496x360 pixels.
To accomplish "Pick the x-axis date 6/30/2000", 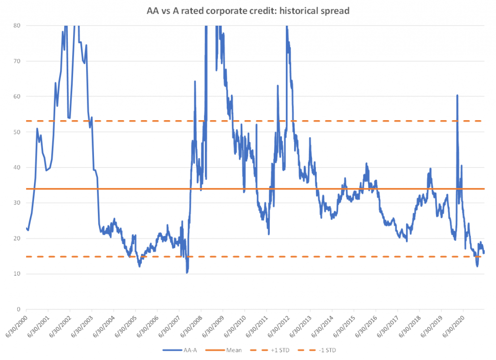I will (15, 325).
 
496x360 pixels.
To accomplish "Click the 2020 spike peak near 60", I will (457, 95).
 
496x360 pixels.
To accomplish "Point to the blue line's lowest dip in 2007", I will (186, 273).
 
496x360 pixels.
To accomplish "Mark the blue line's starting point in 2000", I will (26, 228).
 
